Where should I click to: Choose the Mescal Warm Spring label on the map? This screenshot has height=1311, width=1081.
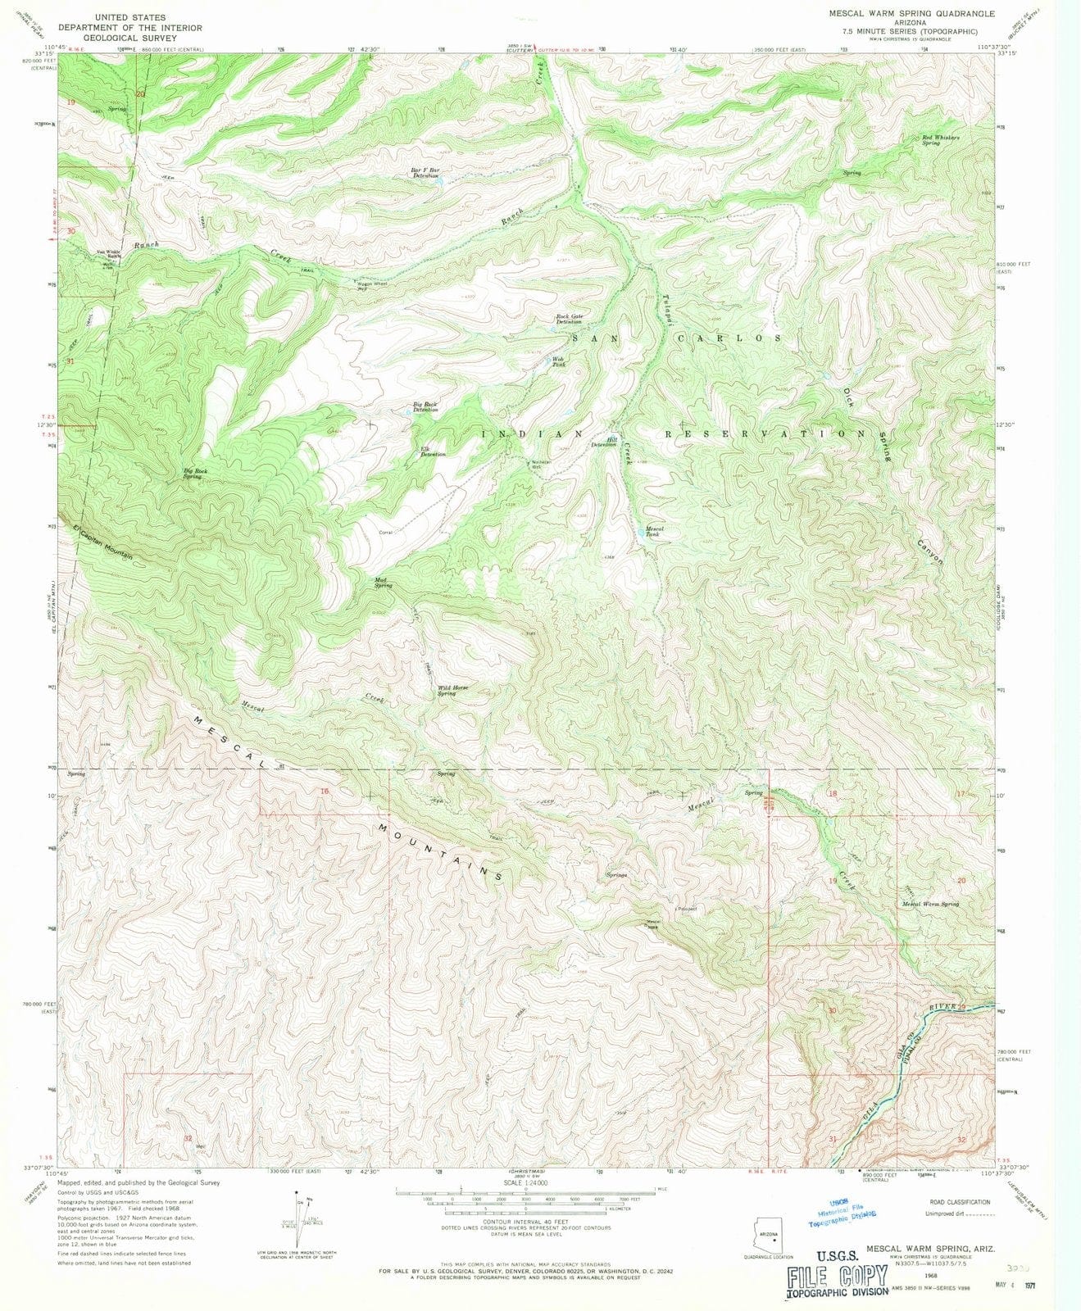pos(930,904)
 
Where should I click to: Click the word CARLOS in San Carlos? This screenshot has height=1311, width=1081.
pos(728,338)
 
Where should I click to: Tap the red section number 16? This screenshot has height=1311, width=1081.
pos(324,792)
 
